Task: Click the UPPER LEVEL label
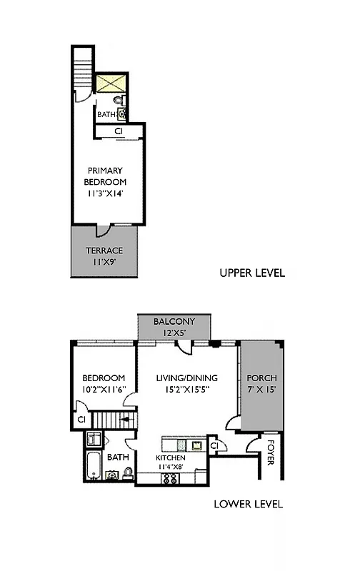[252, 273]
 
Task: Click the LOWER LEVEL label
[249, 504]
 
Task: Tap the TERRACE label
[104, 251]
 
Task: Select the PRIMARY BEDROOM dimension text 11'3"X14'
[105, 193]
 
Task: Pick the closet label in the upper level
[119, 131]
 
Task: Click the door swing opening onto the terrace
[104, 230]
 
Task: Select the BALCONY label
[174, 323]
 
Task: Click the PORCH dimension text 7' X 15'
[261, 390]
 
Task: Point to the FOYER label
[271, 451]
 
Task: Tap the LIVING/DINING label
[186, 378]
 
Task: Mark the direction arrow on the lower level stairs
[126, 422]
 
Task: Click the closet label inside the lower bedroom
[81, 419]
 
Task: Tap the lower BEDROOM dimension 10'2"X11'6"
[104, 390]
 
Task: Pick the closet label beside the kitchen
[215, 445]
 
